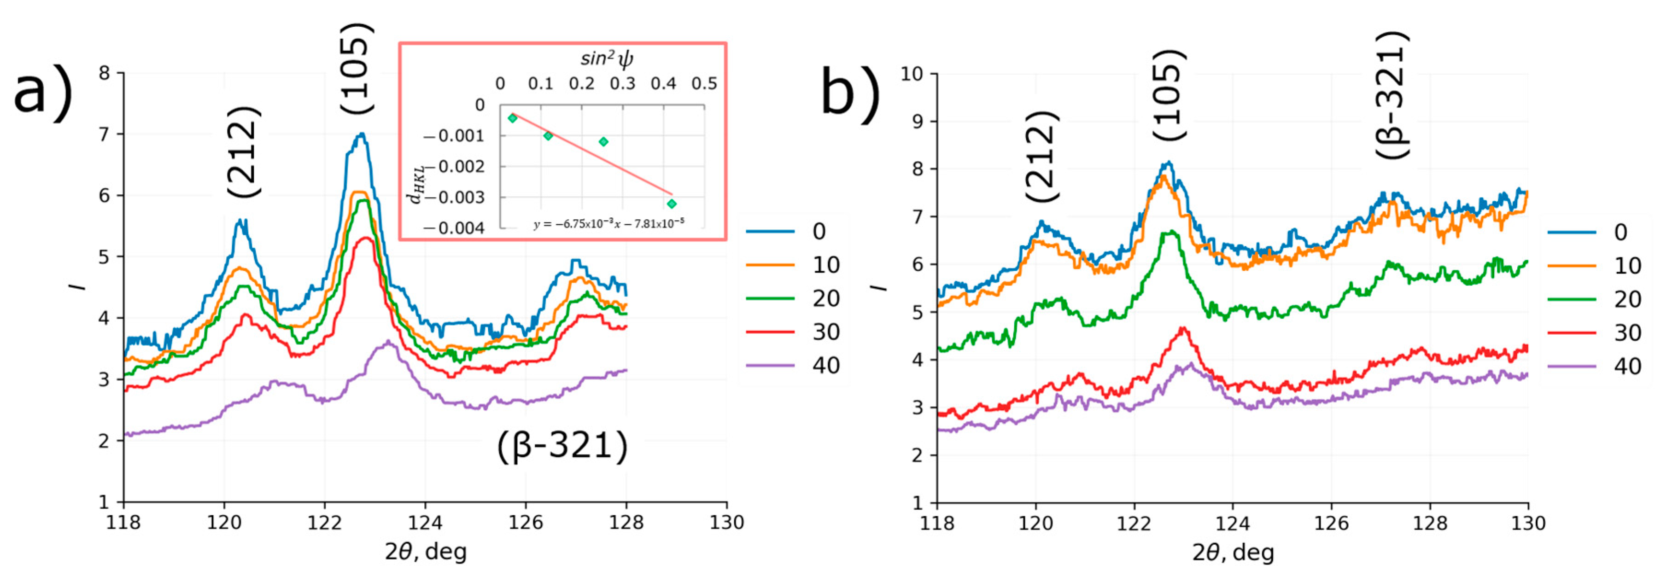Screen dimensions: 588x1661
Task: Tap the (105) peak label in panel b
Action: [1169, 95]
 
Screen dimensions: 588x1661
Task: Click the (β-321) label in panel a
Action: [561, 446]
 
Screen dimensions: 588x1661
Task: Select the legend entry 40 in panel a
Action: [825, 366]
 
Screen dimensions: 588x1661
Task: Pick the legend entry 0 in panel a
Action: [819, 232]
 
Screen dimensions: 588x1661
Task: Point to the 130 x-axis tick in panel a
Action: [727, 522]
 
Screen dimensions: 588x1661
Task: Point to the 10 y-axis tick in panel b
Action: [911, 74]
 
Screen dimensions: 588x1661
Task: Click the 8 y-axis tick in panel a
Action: [105, 73]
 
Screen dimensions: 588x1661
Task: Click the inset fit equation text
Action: [608, 223]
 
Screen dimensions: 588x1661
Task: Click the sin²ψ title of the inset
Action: [607, 58]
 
